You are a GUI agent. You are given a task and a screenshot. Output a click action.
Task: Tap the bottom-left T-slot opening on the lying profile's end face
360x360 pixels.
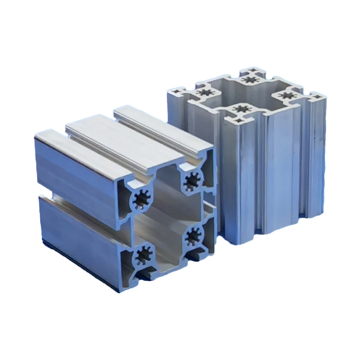[x=143, y=275]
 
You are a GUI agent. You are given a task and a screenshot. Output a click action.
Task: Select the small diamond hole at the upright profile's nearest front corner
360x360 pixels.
[x=237, y=121]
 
